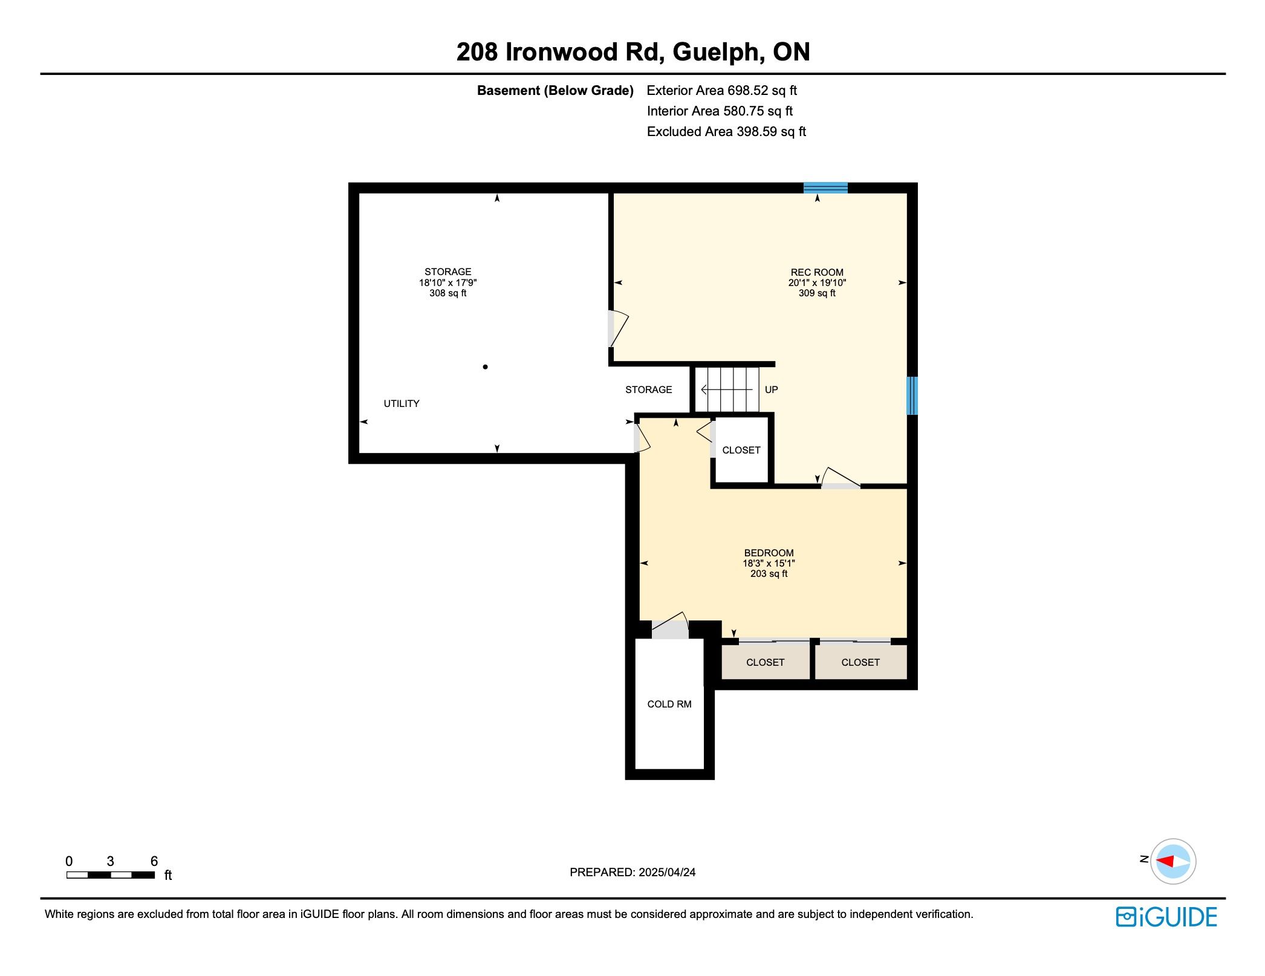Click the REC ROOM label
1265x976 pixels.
click(x=817, y=272)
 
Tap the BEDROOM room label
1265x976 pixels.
click(x=769, y=553)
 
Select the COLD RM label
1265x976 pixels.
click(x=669, y=704)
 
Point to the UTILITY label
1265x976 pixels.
click(x=402, y=403)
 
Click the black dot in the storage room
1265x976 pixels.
click(x=485, y=366)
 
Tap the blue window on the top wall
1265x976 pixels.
click(x=825, y=187)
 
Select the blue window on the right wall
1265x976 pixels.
click(x=912, y=395)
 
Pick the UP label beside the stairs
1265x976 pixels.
click(x=771, y=389)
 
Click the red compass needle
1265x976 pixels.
click(x=1165, y=861)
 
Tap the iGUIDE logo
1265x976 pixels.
click(x=1166, y=917)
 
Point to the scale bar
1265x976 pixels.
click(x=111, y=875)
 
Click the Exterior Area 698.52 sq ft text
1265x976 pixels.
click(x=721, y=91)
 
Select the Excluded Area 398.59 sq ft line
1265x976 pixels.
click(x=726, y=132)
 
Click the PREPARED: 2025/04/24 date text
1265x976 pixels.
click(x=632, y=872)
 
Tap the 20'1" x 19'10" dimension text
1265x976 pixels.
click(x=817, y=282)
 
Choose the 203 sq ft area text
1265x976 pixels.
click(x=769, y=573)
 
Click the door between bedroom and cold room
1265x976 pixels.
click(x=670, y=627)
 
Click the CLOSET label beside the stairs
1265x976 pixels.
click(x=741, y=450)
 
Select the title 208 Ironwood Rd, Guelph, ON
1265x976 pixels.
click(x=633, y=52)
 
